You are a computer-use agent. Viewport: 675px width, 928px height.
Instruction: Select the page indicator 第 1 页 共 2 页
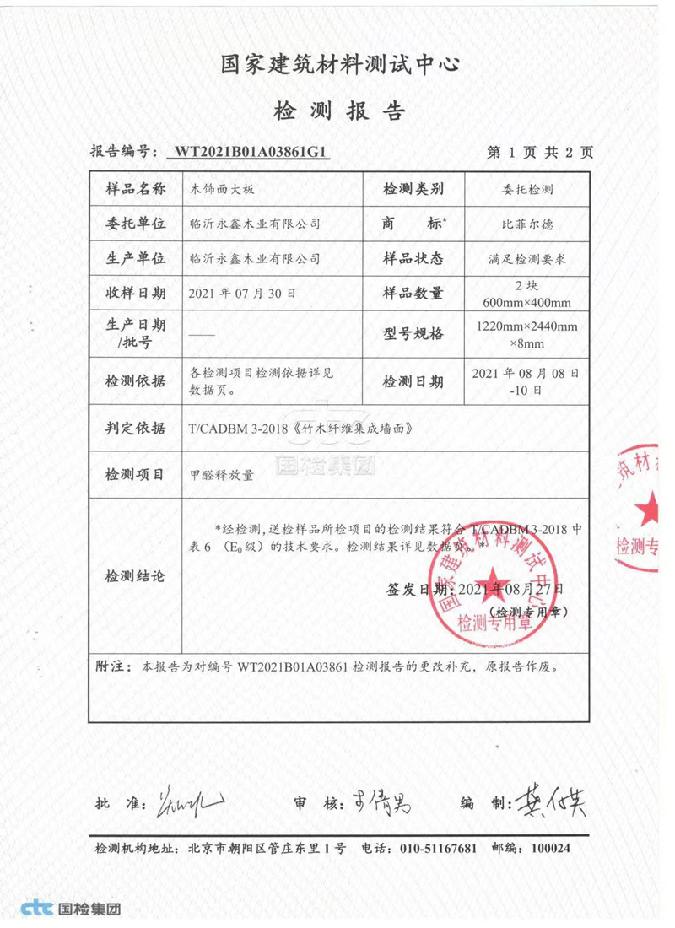click(540, 153)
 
